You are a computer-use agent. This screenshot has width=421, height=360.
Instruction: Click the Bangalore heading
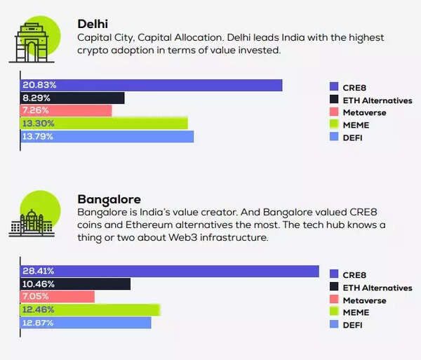[x=109, y=199]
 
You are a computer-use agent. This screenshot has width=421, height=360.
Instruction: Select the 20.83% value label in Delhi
[x=39, y=86]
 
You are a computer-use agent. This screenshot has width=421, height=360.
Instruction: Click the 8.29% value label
[x=36, y=98]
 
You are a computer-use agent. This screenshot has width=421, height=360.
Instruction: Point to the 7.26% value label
[x=36, y=111]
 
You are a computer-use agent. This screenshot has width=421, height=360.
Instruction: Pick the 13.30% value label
[x=39, y=124]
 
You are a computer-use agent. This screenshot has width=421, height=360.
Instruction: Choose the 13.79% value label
[x=39, y=136]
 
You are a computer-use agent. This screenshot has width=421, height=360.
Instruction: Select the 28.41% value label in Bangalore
[x=39, y=272]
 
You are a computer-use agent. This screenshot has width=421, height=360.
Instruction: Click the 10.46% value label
[x=39, y=284]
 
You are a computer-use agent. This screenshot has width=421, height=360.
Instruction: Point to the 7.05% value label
[x=37, y=297]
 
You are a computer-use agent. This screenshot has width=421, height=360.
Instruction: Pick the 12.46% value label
[x=39, y=309]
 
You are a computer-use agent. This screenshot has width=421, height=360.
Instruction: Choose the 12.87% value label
[x=39, y=322]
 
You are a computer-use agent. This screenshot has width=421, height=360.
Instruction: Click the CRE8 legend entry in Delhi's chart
[x=354, y=88]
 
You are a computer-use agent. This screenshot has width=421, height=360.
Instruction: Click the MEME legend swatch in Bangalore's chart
[x=335, y=312]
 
